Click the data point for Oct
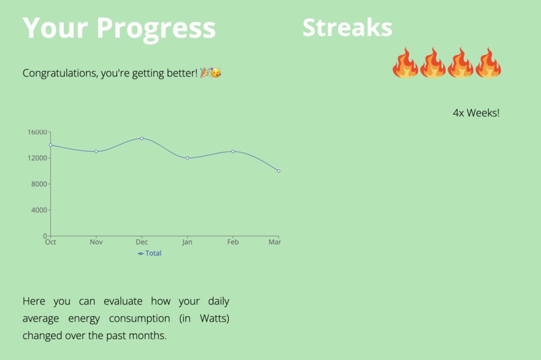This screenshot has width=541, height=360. pyautogui.click(x=50, y=145)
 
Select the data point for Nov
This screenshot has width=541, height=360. pyautogui.click(x=96, y=152)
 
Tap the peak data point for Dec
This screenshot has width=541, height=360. pyautogui.click(x=142, y=138)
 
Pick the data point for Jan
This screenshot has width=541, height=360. pyautogui.click(x=187, y=158)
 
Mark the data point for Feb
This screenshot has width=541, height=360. pyautogui.click(x=233, y=152)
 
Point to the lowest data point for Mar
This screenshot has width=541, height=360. pyautogui.click(x=279, y=171)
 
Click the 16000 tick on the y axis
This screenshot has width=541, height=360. pyautogui.click(x=38, y=132)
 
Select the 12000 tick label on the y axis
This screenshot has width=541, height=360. pyautogui.click(x=38, y=159)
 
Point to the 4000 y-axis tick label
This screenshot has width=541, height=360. pyautogui.click(x=40, y=210)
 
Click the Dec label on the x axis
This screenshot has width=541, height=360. pyautogui.click(x=142, y=242)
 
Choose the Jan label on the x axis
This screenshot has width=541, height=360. pyautogui.click(x=187, y=242)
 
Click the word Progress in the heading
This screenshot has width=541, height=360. pyautogui.click(x=156, y=28)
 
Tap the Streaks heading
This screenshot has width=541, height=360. pyautogui.click(x=347, y=28)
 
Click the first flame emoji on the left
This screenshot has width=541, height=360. pyautogui.click(x=405, y=63)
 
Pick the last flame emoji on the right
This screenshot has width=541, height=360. pyautogui.click(x=488, y=63)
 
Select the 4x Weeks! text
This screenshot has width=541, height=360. pyautogui.click(x=476, y=113)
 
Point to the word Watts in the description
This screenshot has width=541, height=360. pyautogui.click(x=213, y=318)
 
